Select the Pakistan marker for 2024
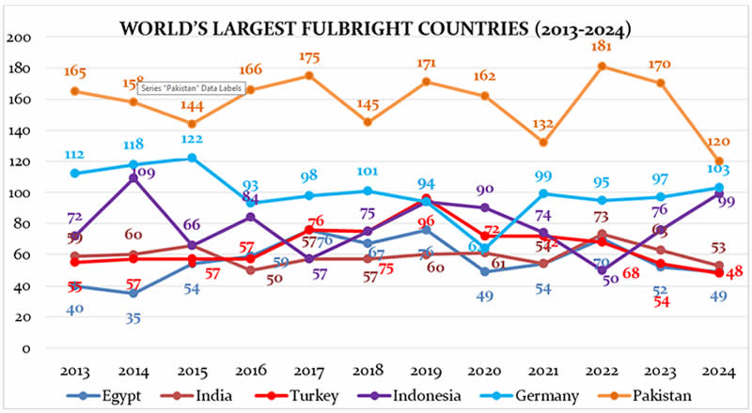click(719, 161)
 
